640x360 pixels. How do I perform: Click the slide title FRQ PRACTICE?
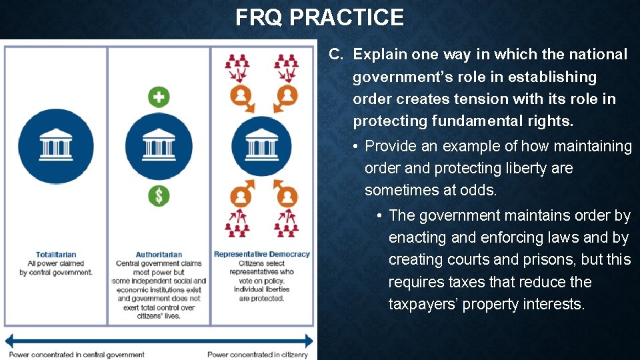[319, 17]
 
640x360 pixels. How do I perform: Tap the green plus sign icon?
[159, 97]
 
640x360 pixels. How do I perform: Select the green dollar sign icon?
[159, 196]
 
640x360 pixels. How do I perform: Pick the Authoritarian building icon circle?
[159, 146]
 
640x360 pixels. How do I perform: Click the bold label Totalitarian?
[56, 255]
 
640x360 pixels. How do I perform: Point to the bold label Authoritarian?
[159, 255]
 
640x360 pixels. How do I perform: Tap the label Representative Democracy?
[261, 254]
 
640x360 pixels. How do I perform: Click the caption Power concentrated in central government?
[77, 355]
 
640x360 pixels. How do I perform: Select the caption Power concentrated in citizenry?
[257, 355]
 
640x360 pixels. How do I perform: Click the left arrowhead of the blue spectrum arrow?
[9, 341]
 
